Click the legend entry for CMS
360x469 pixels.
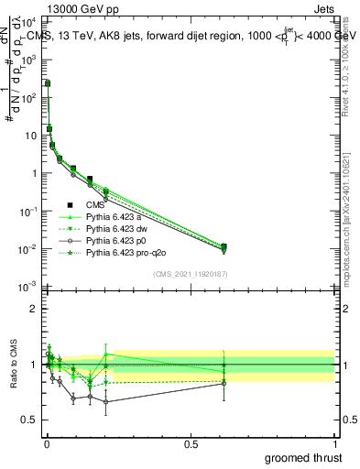[98, 205]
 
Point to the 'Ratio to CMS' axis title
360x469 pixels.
[12, 365]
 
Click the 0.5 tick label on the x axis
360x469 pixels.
[191, 443]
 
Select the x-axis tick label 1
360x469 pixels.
[335, 443]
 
